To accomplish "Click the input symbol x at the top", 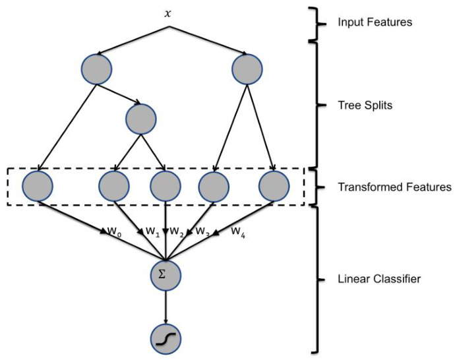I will pos(169,13).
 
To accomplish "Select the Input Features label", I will pos(375,22).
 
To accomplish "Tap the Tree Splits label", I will pos(361,105).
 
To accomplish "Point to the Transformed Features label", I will pos(394,187).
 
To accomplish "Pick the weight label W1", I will pos(152,232).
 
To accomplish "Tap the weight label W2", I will pos(176,232).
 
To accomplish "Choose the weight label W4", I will pos(237,231).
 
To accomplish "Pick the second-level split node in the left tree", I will pos(140,119).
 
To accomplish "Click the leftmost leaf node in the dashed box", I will pos(38,186).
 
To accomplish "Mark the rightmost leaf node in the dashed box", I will pos(274,186).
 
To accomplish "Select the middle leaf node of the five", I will pos(166,186).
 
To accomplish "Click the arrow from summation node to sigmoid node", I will pos(166,305).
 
